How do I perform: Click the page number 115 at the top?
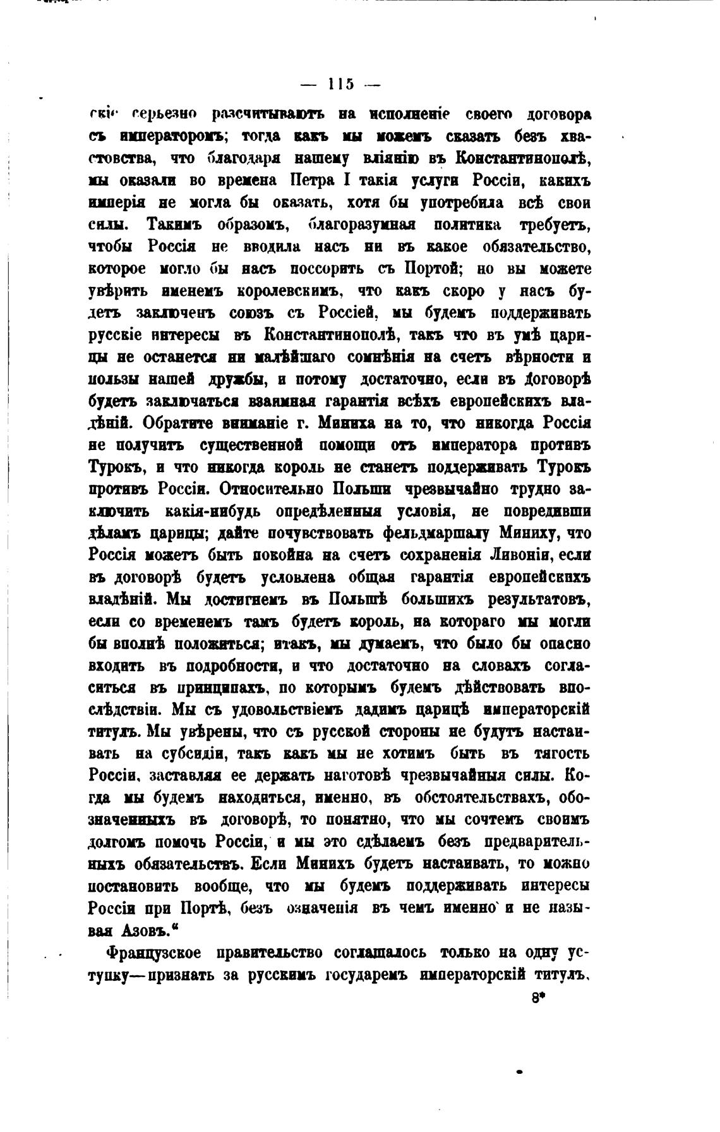[x=340, y=83]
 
